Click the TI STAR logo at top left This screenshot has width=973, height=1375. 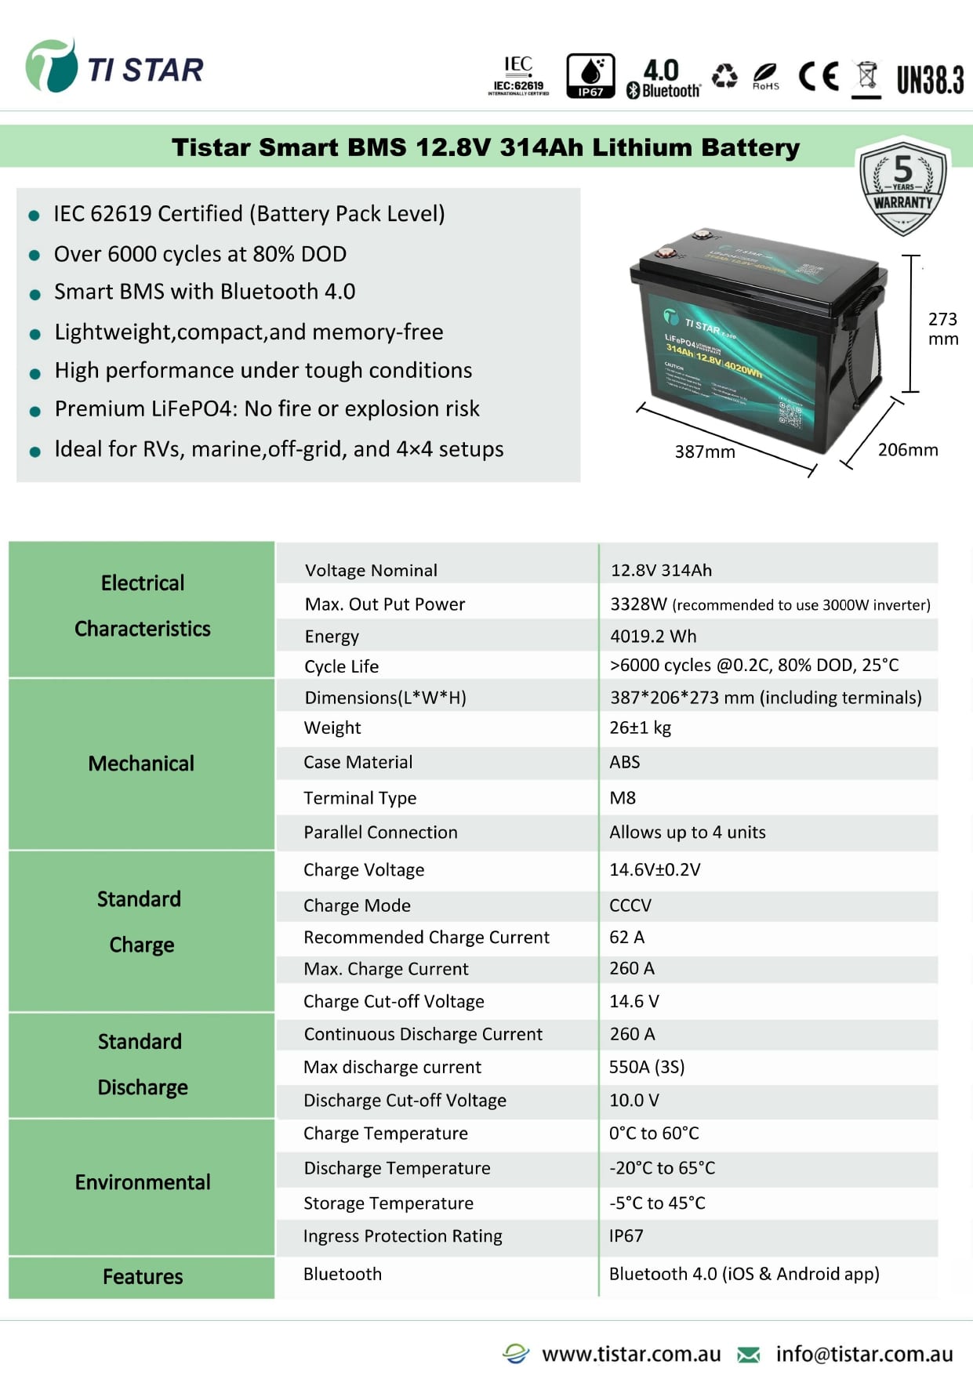tap(114, 67)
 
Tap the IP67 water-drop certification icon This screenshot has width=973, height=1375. tap(590, 75)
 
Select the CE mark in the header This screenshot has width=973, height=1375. tap(819, 76)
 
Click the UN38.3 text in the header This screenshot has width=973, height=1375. tap(930, 79)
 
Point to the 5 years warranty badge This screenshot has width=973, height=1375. tap(903, 186)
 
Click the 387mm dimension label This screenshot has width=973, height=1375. tap(705, 452)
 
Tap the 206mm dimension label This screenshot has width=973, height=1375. tap(908, 449)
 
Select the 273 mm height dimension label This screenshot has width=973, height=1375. tap(942, 328)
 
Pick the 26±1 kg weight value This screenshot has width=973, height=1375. tap(640, 727)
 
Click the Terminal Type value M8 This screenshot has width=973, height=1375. tap(623, 797)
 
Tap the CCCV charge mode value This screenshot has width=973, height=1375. tap(630, 905)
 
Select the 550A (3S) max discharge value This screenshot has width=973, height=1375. tap(647, 1067)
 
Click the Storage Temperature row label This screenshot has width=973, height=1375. tap(388, 1203)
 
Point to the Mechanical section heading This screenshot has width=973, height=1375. tap(141, 764)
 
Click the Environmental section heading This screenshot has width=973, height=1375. tap(143, 1182)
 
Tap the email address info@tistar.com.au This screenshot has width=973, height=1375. tap(864, 1354)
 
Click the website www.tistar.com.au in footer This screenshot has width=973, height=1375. tap(631, 1354)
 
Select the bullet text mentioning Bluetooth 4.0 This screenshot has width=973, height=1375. tap(205, 292)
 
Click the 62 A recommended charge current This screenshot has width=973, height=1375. tap(626, 937)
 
